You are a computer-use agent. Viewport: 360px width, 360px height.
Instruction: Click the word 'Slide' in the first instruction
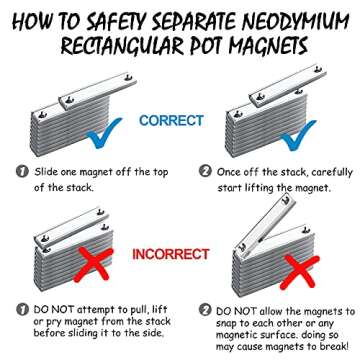(49, 171)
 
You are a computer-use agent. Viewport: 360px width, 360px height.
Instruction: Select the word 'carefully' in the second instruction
(326, 171)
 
